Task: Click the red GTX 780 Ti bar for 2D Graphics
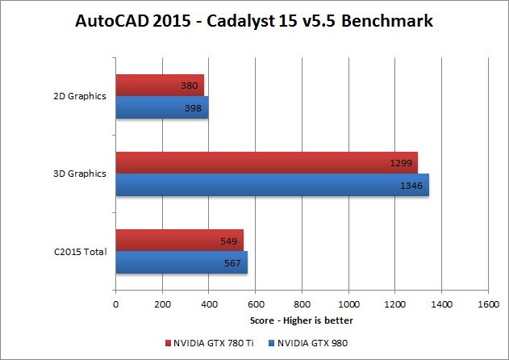[x=160, y=85]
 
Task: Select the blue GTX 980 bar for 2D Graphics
[x=161, y=107]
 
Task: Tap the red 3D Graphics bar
[x=266, y=162]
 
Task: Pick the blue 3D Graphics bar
[x=272, y=185]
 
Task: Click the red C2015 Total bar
[x=179, y=240]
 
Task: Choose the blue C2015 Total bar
[x=181, y=262]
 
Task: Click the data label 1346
[x=411, y=185]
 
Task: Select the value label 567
[x=232, y=263]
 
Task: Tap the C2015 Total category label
[x=78, y=252]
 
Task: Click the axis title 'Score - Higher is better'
[x=302, y=320]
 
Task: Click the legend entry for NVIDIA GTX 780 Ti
[x=211, y=343]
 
